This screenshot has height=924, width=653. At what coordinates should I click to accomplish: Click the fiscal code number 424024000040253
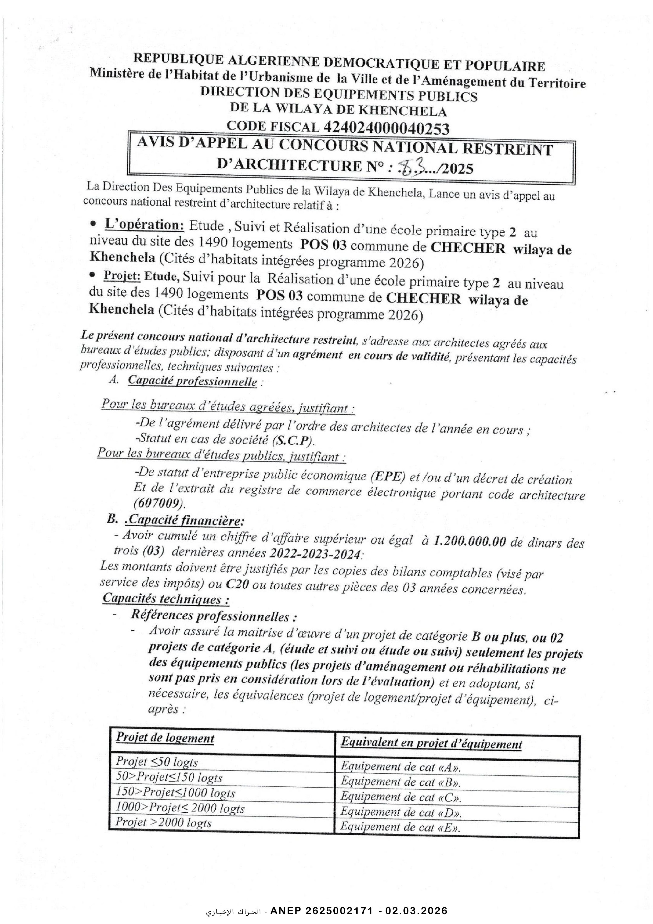[386, 128]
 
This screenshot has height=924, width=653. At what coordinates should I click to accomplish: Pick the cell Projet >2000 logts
[163, 822]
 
